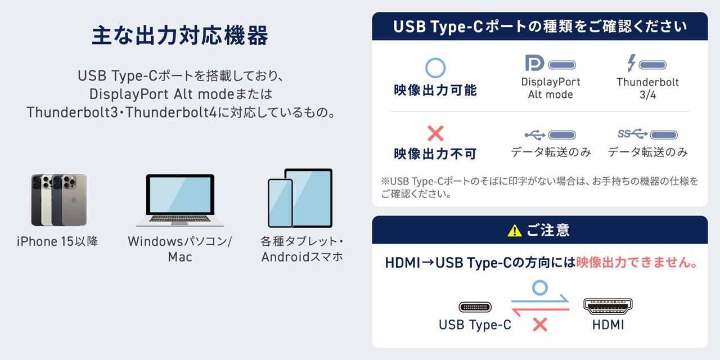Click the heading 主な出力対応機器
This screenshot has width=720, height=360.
pos(180,35)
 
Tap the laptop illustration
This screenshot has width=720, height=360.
pos(180,201)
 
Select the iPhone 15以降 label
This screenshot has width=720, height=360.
pos(57,241)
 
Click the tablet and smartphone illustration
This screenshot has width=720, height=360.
pos(300,198)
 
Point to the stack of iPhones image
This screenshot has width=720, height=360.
pos(59,200)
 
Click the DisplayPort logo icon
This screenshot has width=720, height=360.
pos(534,62)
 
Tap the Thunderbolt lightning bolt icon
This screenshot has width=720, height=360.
pos(632,62)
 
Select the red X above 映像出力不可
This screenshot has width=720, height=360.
pos(435,133)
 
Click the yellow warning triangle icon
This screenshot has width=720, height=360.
pos(515,231)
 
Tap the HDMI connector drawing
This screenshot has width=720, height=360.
pos(608,306)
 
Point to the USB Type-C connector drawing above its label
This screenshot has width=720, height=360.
pos(475,307)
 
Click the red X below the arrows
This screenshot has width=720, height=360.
pos(540,325)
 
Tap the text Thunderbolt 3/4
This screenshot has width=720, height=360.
pos(647,88)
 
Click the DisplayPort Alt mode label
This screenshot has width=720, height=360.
pos(551,88)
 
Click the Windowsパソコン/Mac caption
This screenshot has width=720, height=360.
pos(180,249)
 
